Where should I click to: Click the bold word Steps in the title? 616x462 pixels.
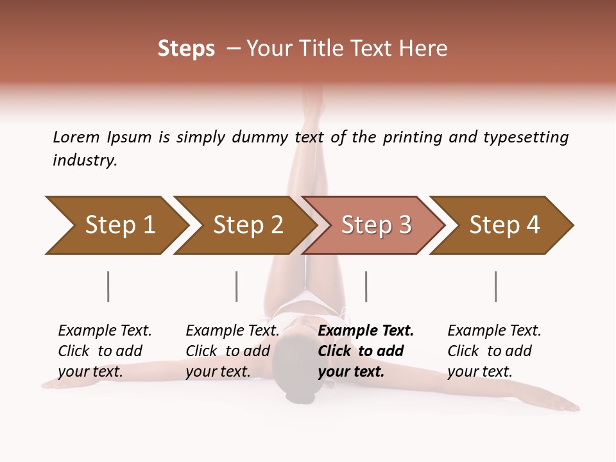click(186, 49)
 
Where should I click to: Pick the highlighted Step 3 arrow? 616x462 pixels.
click(375, 225)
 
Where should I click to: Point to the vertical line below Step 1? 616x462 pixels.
click(108, 286)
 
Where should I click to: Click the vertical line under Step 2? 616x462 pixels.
click(237, 286)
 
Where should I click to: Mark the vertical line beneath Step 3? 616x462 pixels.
click(366, 286)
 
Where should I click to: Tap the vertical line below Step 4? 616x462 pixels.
click(495, 286)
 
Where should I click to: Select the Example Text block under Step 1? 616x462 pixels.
click(105, 351)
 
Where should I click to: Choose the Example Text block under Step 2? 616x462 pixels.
click(232, 351)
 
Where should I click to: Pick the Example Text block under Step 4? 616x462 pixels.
click(494, 351)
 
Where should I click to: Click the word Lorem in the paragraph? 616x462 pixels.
click(76, 137)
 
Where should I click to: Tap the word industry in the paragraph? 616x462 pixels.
click(85, 160)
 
